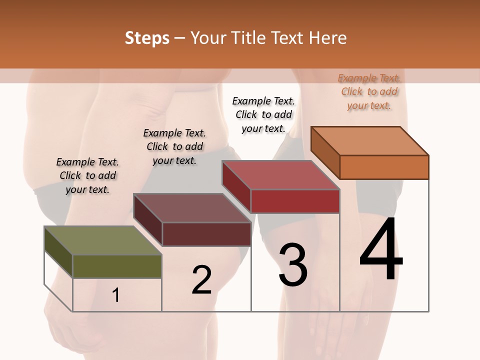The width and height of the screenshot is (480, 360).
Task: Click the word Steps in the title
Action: tap(147, 38)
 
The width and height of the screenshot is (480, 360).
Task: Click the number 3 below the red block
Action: tap(293, 265)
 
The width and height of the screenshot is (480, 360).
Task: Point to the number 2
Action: tap(202, 280)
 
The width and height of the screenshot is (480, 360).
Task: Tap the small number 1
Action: tap(116, 295)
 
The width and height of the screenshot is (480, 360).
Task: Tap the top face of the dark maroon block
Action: tap(192, 208)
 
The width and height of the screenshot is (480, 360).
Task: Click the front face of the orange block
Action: tap(384, 167)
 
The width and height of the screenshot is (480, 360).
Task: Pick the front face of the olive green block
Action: tap(117, 266)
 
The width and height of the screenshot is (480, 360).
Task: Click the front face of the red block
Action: tap(295, 201)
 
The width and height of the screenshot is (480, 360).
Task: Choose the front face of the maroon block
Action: tap(206, 234)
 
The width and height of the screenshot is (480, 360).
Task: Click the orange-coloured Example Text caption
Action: tap(369, 91)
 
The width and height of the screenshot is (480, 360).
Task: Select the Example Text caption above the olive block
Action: tap(87, 175)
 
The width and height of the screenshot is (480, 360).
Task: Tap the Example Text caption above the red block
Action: tap(263, 114)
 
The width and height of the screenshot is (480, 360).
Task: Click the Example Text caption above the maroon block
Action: tap(174, 146)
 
